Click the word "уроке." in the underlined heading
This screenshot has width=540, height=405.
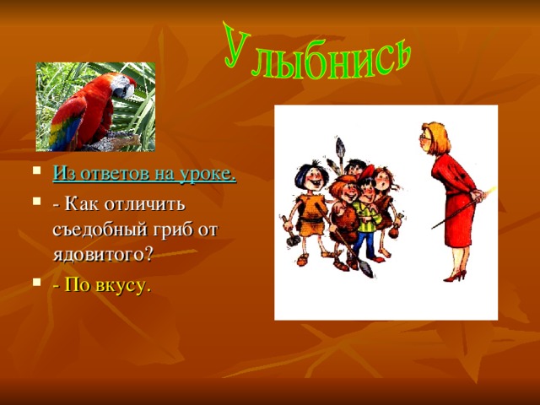point(206,175)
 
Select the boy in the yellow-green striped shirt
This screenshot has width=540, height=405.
point(364,214)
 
